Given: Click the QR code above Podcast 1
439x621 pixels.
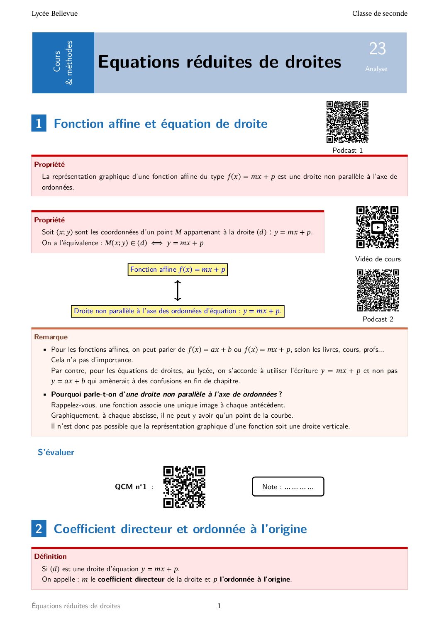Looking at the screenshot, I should pyautogui.click(x=347, y=122).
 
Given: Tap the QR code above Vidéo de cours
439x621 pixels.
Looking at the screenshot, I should pyautogui.click(x=377, y=227).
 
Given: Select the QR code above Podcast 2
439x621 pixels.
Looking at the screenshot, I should pyautogui.click(x=378, y=290).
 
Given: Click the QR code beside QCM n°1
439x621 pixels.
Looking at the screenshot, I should pyautogui.click(x=184, y=487).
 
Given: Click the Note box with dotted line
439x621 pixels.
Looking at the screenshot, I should pyautogui.click(x=288, y=487).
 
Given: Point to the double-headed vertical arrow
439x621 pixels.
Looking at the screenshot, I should pyautogui.click(x=178, y=290).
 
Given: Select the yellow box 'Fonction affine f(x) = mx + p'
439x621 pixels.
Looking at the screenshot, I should pyautogui.click(x=178, y=270).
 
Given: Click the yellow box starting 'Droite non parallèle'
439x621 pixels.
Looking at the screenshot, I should pyautogui.click(x=178, y=311).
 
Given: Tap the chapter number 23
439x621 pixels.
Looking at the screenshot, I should pyautogui.click(x=377, y=49).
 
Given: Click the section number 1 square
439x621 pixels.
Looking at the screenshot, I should pyautogui.click(x=39, y=123).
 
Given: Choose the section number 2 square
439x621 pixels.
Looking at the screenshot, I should pyautogui.click(x=39, y=528).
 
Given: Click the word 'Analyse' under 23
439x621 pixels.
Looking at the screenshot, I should pyautogui.click(x=376, y=69).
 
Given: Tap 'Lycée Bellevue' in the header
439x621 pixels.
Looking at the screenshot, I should pyautogui.click(x=54, y=13).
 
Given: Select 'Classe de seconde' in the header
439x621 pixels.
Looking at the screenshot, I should pyautogui.click(x=379, y=13).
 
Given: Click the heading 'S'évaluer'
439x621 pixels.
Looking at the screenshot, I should pyautogui.click(x=56, y=452).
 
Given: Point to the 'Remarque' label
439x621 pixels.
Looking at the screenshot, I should pyautogui.click(x=51, y=337).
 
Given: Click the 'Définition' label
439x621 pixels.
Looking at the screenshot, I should pyautogui.click(x=50, y=556).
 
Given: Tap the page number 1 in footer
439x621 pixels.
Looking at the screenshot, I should pyautogui.click(x=219, y=606).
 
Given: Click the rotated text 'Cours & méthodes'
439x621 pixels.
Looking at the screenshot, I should pyautogui.click(x=63, y=62).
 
